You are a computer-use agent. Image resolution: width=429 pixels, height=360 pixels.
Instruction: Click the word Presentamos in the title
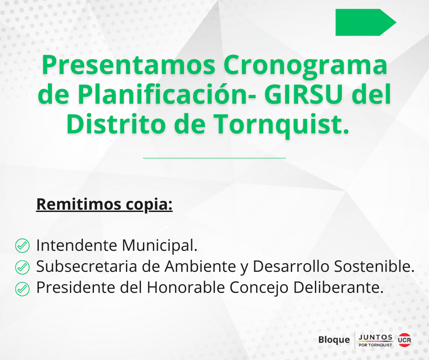tap(129, 65)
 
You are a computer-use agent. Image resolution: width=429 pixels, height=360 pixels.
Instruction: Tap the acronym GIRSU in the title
tap(303, 95)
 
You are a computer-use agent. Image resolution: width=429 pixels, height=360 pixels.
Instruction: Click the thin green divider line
tap(214, 158)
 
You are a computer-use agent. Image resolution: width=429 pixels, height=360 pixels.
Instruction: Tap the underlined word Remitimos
tap(78, 204)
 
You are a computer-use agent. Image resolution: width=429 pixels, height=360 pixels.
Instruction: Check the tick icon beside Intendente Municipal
tap(22, 245)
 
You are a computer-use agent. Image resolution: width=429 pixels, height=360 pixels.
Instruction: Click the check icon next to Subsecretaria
tap(22, 267)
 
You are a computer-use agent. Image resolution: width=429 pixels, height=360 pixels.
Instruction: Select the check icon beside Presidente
tap(22, 289)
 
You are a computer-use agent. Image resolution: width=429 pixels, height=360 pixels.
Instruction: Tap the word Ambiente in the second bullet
tap(200, 266)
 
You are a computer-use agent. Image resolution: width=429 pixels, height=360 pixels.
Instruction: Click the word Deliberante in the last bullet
tap(336, 288)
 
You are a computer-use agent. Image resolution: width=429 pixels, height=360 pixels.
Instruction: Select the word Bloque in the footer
tap(334, 340)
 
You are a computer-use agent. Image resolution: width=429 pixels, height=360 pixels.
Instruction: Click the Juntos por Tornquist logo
tap(375, 340)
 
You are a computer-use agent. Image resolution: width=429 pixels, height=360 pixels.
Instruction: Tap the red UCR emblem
tap(404, 340)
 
